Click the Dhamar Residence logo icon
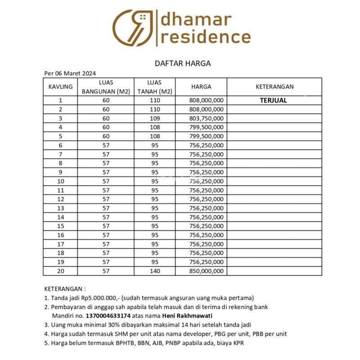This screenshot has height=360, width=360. point(133,27)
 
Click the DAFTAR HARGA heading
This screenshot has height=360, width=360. point(183,63)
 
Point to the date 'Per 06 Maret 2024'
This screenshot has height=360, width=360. point(70,73)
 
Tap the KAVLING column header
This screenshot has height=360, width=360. point(61,86)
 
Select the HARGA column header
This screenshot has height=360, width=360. point(201,86)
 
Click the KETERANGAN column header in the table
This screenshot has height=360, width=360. point(274,86)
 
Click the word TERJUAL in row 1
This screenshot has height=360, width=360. point(273,100)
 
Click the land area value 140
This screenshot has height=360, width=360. point(155,271)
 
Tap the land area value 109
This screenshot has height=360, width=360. point(155,118)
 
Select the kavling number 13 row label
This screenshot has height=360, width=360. point(61,208)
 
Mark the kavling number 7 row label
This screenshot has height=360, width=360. point(61,154)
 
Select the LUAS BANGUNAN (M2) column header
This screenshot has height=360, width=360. point(106,87)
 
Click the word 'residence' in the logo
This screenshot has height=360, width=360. point(206,36)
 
